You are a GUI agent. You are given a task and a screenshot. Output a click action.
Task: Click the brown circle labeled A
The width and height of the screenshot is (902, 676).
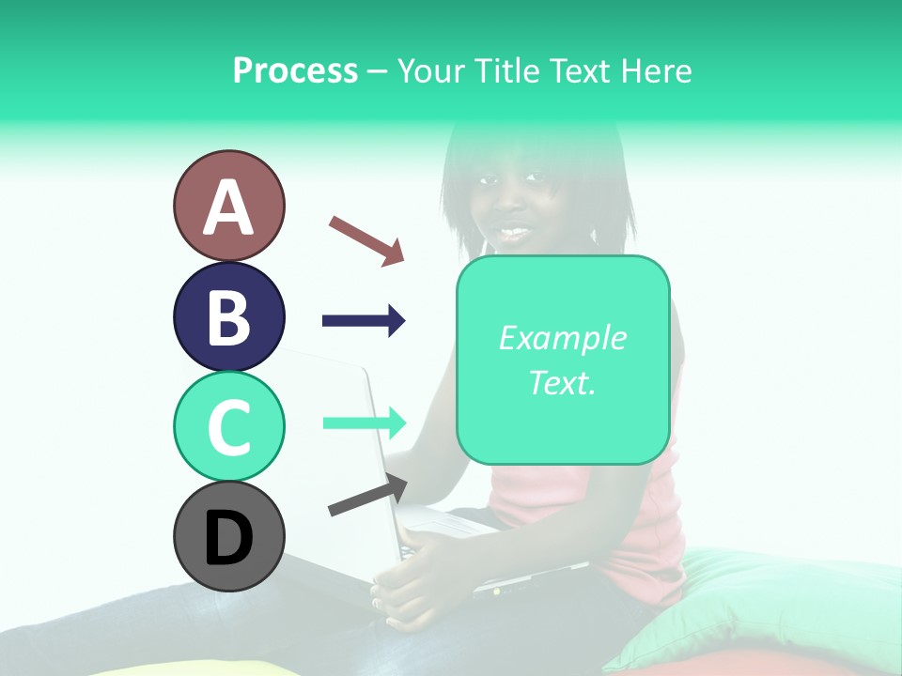pyautogui.click(x=228, y=206)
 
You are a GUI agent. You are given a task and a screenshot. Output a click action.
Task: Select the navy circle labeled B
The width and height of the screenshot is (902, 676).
pyautogui.click(x=228, y=316)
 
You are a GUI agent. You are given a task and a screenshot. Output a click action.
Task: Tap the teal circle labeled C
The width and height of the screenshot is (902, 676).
pyautogui.click(x=228, y=426)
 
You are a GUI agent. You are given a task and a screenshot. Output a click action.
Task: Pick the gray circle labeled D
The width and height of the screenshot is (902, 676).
pyautogui.click(x=228, y=536)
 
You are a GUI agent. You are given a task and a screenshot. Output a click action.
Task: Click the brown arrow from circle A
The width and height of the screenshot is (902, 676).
pyautogui.click(x=366, y=240)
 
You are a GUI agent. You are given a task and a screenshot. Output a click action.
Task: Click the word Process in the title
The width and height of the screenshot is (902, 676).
pyautogui.click(x=295, y=70)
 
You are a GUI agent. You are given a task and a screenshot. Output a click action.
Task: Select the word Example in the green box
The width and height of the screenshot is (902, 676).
pyautogui.click(x=562, y=338)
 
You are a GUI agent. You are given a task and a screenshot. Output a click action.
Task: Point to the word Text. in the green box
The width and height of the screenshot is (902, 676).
pyautogui.click(x=562, y=382)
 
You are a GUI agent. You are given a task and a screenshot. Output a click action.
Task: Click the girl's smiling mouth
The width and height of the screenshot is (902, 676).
pyautogui.click(x=514, y=229)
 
